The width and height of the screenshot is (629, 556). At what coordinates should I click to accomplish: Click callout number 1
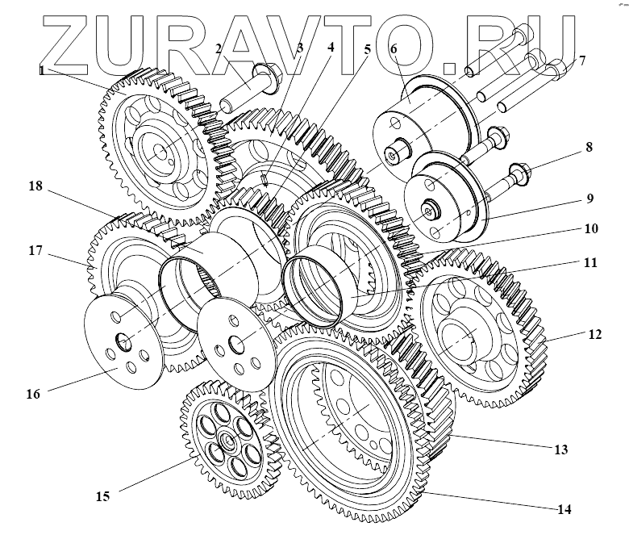click(41, 70)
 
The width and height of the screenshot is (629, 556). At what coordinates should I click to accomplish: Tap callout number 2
click(218, 49)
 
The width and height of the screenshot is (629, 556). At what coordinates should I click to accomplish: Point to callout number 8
click(589, 148)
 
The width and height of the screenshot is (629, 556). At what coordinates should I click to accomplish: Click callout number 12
click(594, 332)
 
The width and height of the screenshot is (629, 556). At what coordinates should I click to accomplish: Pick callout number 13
click(561, 449)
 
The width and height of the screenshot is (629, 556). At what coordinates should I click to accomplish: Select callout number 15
click(103, 495)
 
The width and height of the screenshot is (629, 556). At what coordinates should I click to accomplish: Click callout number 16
click(32, 394)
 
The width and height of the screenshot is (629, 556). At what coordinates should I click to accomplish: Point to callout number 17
click(35, 251)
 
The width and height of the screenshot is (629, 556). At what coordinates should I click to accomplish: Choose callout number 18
click(35, 185)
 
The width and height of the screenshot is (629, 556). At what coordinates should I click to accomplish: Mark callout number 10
click(591, 228)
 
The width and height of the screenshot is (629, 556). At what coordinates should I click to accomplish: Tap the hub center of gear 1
click(158, 150)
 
